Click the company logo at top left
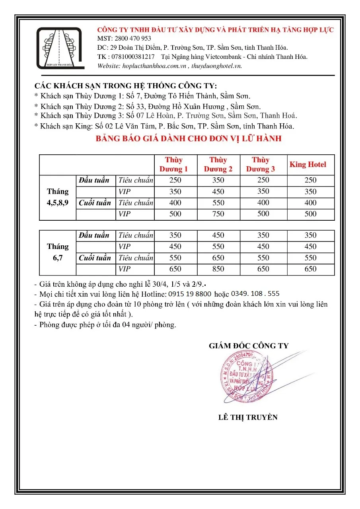coord(59,48)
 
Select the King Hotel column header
coord(307,165)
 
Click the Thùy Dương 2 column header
coord(218,165)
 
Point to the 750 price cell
coord(218,214)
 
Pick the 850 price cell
coord(218,269)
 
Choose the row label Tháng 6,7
coord(58,252)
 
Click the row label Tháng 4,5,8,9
coord(58,197)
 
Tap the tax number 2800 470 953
coord(133,39)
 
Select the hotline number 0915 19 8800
coord(190,294)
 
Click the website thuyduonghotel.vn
coord(216,66)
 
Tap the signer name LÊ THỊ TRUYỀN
coord(248,418)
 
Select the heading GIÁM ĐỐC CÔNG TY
coord(249,346)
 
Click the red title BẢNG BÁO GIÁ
coord(189,139)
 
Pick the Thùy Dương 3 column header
coord(261,165)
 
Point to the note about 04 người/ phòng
coord(105,325)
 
